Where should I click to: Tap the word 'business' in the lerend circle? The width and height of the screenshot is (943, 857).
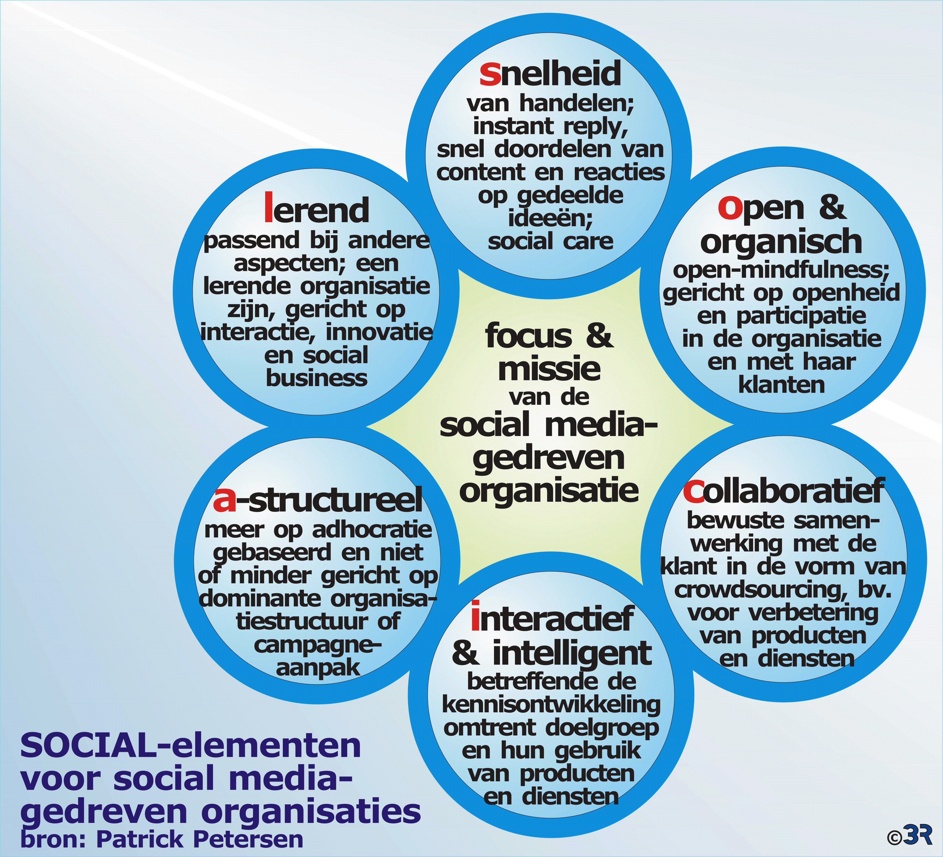(x=317, y=378)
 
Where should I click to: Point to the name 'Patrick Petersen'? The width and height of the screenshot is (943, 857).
(x=200, y=839)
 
